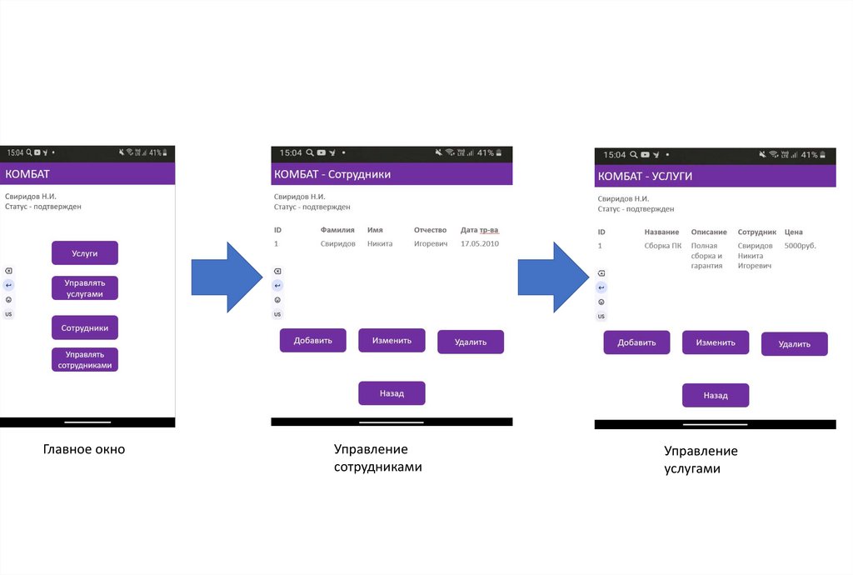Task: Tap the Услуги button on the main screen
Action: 85,252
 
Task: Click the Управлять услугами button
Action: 85,288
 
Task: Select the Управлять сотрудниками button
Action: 85,360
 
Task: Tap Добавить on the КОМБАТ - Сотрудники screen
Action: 312,340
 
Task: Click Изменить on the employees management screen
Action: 392,340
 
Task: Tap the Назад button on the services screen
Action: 716,396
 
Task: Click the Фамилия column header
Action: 337,230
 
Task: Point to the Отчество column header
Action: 431,230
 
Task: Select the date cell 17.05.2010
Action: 479,243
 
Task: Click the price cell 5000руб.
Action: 801,246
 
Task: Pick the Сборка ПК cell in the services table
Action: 663,246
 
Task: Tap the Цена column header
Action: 793,232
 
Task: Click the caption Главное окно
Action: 84,450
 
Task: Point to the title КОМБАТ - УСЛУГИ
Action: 646,177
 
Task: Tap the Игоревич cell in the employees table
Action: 431,243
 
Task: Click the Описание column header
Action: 709,232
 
